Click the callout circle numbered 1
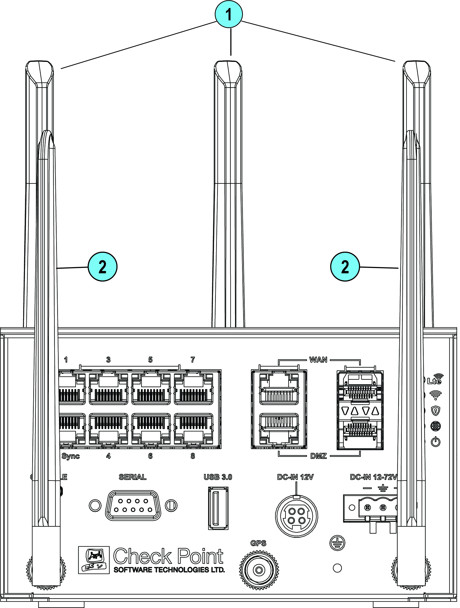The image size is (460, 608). pyautogui.click(x=228, y=14)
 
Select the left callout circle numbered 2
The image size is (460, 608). pyautogui.click(x=103, y=267)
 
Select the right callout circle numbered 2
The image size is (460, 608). pyautogui.click(x=345, y=267)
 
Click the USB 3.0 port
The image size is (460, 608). pyautogui.click(x=218, y=508)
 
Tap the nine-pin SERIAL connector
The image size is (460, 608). pyautogui.click(x=133, y=505)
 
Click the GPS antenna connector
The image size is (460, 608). pyautogui.click(x=259, y=570)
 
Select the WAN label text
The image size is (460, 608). pyautogui.click(x=318, y=360)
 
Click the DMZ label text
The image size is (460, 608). pyautogui.click(x=319, y=456)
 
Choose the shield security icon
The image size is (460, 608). pyautogui.click(x=436, y=411)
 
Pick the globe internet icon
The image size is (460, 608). pyautogui.click(x=436, y=426)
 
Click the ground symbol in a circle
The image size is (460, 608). pyautogui.click(x=337, y=543)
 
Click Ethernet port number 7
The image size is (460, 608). pyautogui.click(x=194, y=387)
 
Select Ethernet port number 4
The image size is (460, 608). pyautogui.click(x=108, y=429)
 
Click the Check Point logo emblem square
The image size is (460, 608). pyautogui.click(x=94, y=560)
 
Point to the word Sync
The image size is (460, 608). pyautogui.click(x=71, y=456)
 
